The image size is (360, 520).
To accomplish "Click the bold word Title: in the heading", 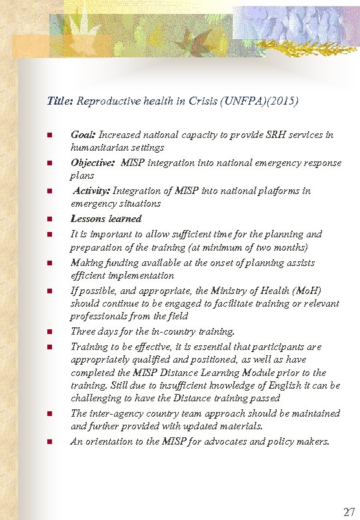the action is coord(61,102).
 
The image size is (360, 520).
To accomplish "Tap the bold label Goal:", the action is coord(83,135).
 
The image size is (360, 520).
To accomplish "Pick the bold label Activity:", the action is coord(93,191).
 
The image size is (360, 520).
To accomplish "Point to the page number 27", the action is coord(349,512).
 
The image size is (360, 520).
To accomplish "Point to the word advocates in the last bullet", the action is coord(215,441).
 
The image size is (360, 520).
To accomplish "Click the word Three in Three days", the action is coord(84,331).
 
